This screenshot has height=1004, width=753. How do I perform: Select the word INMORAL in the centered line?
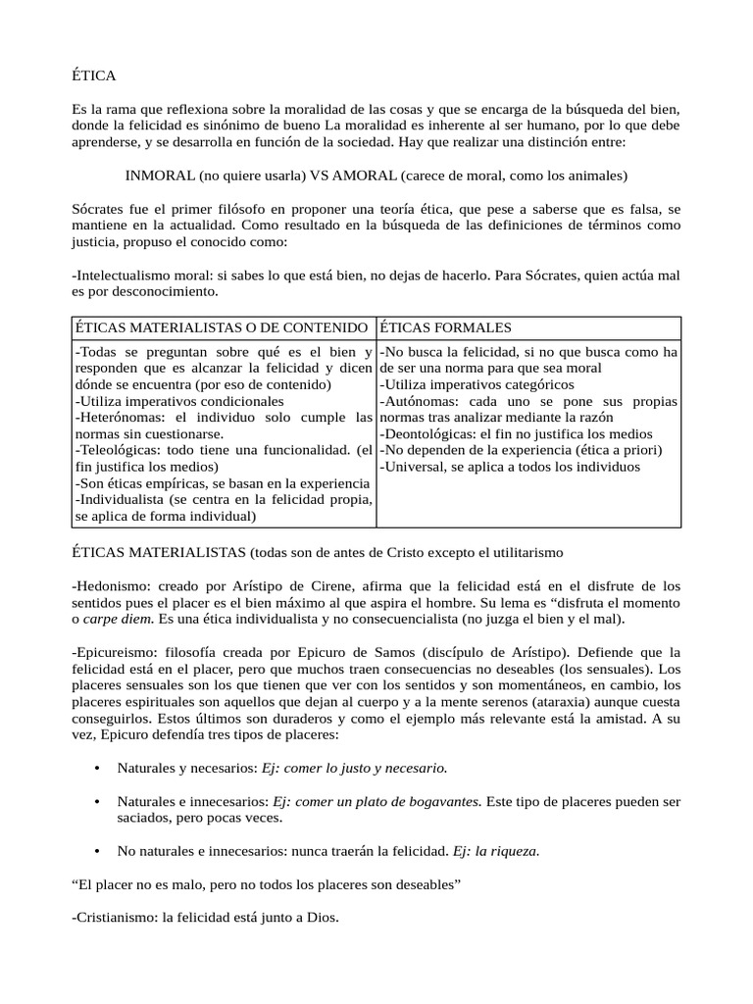click(x=160, y=176)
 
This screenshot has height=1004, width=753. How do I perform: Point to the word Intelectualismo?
click(x=123, y=276)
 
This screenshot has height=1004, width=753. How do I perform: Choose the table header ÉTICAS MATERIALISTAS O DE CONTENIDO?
click(x=222, y=326)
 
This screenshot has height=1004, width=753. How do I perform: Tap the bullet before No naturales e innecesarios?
click(x=97, y=851)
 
